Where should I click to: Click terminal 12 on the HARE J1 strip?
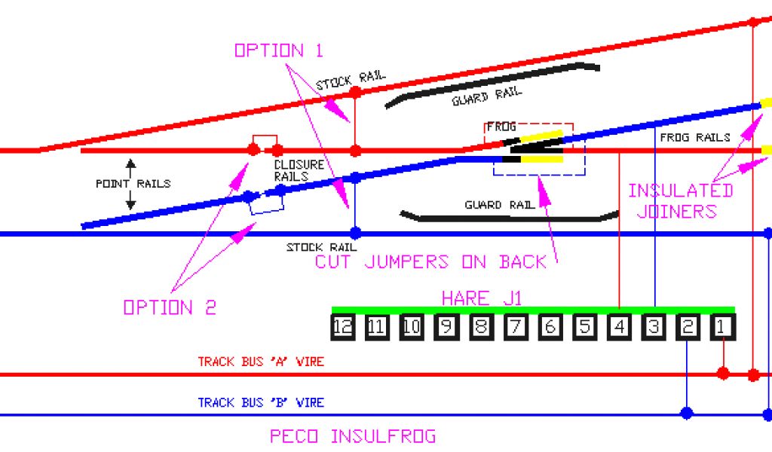[343, 327]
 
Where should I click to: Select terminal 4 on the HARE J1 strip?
[619, 327]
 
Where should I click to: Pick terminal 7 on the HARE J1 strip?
[516, 327]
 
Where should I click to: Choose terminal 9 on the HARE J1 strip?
[446, 327]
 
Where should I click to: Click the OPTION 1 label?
[278, 50]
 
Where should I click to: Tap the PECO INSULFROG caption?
[352, 436]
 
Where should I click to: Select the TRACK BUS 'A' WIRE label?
[261, 362]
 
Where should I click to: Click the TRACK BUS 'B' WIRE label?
[261, 403]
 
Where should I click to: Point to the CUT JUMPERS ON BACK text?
[430, 262]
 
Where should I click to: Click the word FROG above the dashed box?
[501, 127]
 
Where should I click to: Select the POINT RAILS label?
[133, 184]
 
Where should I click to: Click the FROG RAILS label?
[694, 138]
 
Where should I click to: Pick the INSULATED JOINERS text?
[680, 200]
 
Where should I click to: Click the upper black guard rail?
[490, 84]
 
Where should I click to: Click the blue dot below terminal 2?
[687, 413]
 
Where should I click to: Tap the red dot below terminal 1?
[723, 373]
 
